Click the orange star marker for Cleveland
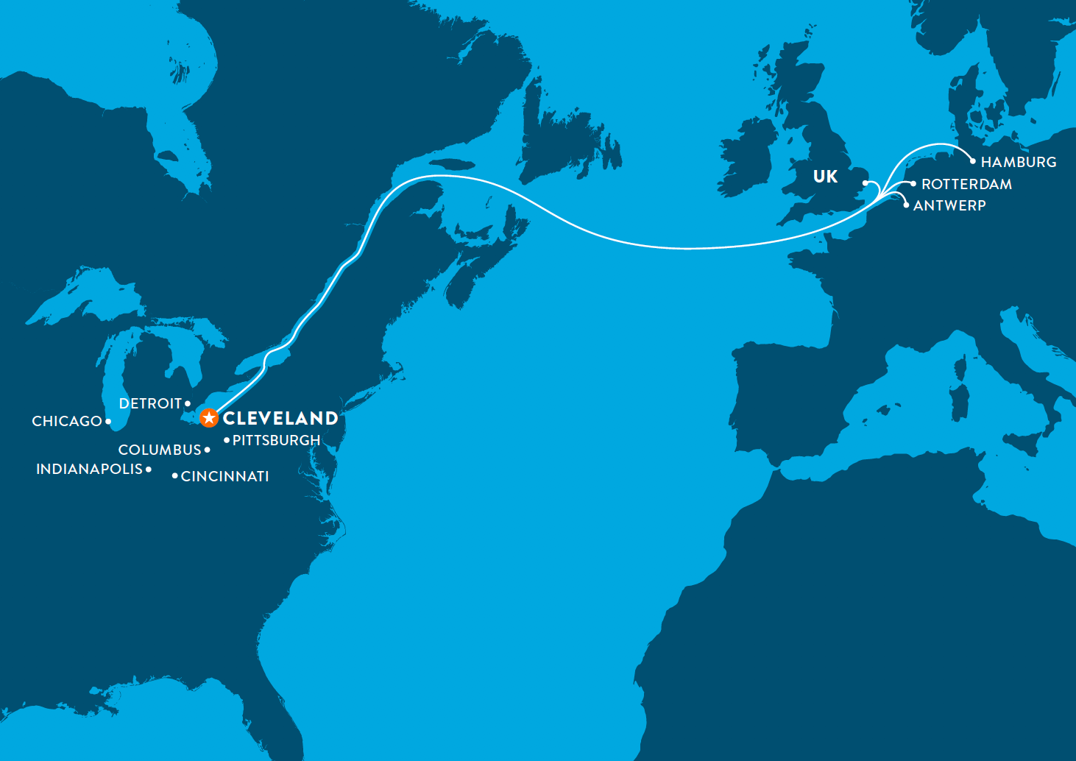[209, 418]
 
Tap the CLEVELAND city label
[280, 418]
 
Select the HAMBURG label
[1019, 162]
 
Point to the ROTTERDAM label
[966, 184]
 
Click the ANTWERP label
[949, 205]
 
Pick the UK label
[825, 177]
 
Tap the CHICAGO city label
[66, 421]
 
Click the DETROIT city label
[150, 403]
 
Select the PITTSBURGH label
[276, 440]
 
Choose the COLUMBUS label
[160, 450]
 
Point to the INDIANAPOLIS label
[89, 469]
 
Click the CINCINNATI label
[224, 476]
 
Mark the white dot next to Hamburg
[973, 161]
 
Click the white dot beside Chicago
[108, 422]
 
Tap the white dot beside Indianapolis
[149, 469]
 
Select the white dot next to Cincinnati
[174, 476]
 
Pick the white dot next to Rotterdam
[913, 184]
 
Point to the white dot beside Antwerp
[906, 205]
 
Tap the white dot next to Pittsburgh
[227, 440]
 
